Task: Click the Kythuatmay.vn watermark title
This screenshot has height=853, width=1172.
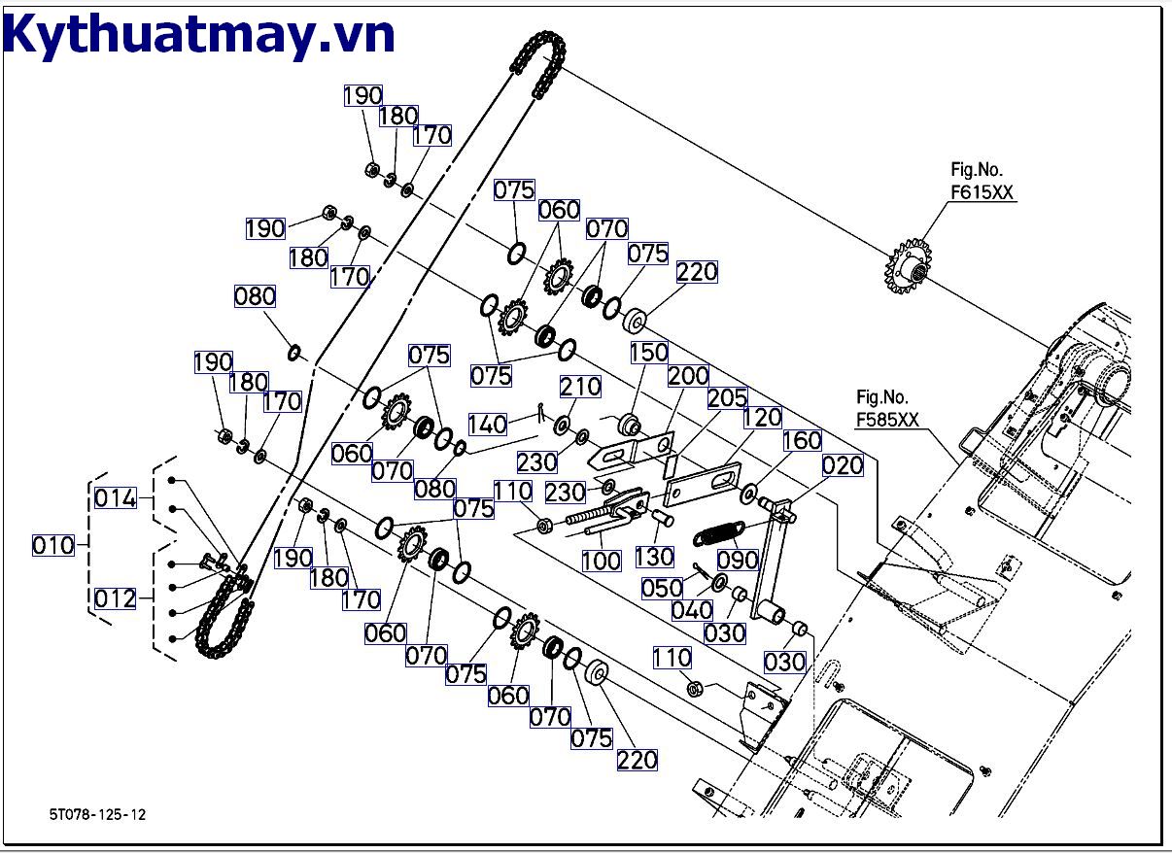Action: pos(199,36)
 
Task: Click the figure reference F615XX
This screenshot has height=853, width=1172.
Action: pos(982,193)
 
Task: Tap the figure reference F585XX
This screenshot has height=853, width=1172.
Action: pos(887,420)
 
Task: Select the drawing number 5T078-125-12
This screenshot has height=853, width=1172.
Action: pos(97,814)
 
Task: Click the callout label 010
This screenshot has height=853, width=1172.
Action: pos(53,545)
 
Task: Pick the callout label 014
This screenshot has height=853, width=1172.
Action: pos(116,499)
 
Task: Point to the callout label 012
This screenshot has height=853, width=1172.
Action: pos(116,598)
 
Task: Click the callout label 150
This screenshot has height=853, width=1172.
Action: pos(649,352)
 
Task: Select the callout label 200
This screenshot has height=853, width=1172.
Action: pos(688,376)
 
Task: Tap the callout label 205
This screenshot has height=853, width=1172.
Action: pos(727,398)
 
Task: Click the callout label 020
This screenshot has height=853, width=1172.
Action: pos(843,465)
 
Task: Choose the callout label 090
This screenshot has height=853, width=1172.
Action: pos(737,561)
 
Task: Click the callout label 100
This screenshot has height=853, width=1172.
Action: pos(602,561)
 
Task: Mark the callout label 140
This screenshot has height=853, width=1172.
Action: pos(488,425)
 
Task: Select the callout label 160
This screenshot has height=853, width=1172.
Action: pos(802,441)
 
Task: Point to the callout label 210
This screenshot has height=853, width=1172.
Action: pos(581,388)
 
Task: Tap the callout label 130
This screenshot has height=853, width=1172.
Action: pos(654,557)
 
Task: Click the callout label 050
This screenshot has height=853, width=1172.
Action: pos(662,588)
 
